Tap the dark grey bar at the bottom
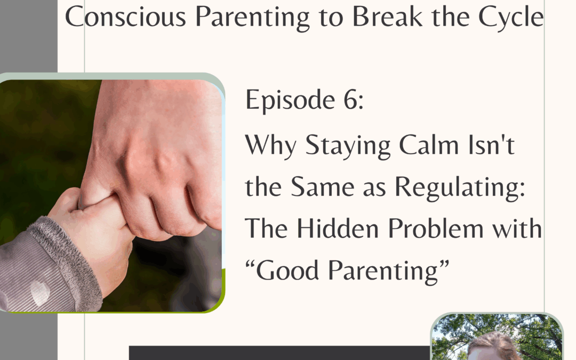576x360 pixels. click(x=277, y=353)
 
